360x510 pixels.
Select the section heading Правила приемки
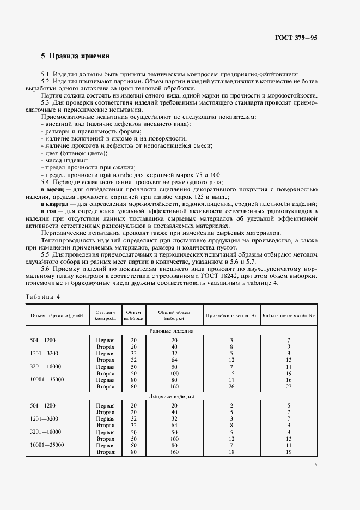tap(79, 56)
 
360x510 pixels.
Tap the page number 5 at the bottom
tap(316, 464)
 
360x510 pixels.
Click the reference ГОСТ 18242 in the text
tap(221, 276)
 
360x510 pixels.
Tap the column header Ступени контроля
tap(105, 315)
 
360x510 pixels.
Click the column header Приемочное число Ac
tap(231, 315)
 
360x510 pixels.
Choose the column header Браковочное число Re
tap(289, 315)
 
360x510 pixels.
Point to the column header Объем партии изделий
tap(57, 315)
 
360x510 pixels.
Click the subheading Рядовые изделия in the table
tap(172, 331)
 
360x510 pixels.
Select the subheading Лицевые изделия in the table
tap(172, 397)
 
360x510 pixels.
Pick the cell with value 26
tap(231, 386)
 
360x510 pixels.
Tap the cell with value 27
tap(289, 386)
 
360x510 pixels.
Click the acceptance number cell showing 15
tap(231, 373)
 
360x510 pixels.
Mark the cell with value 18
tap(231, 452)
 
